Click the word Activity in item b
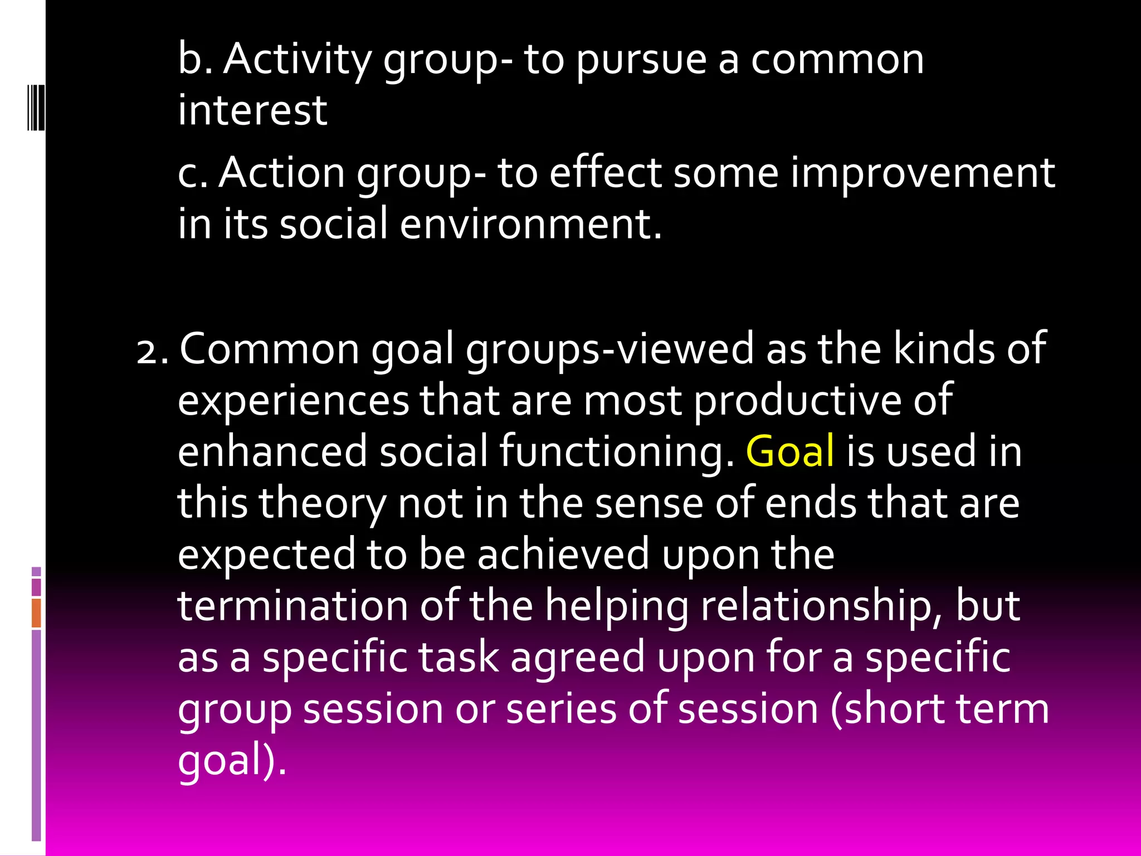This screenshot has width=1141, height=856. pos(297,60)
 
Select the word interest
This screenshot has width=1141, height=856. pos(252,110)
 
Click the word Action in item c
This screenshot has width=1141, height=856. pos(281,173)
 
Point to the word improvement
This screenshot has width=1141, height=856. pos(923,173)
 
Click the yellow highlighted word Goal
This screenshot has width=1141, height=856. pos(789,451)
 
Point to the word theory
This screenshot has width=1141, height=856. pos(323,503)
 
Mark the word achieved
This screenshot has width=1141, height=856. pos(563,555)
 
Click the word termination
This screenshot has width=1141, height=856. pos(292,606)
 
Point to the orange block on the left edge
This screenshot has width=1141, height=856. pos(36,613)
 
